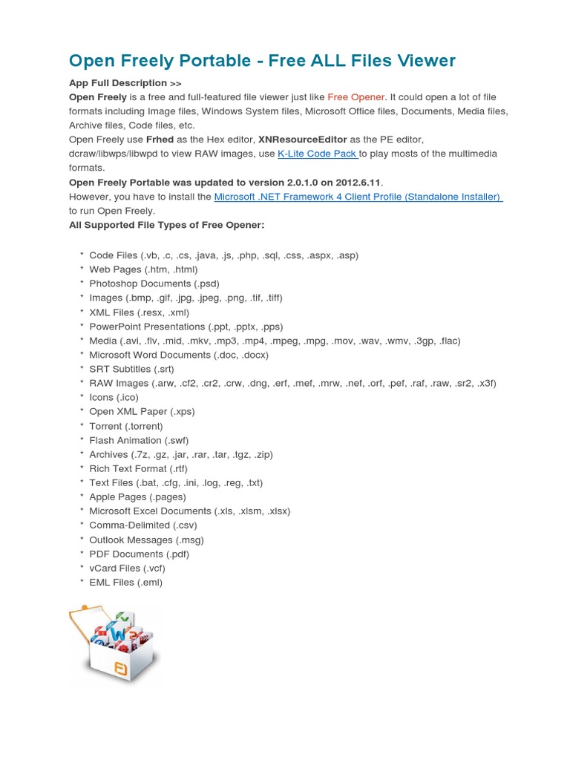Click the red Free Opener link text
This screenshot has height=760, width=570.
click(x=356, y=97)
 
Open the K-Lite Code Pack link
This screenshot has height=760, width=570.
click(x=318, y=154)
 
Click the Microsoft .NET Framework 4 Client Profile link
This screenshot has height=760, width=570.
click(x=358, y=197)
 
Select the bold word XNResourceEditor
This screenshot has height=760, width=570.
click(x=304, y=140)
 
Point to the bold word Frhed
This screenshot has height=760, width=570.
click(x=161, y=140)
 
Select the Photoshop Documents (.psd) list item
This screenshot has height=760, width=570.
click(x=154, y=284)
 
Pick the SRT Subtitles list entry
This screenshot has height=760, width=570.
click(x=131, y=369)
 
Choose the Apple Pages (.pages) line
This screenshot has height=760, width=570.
click(x=137, y=497)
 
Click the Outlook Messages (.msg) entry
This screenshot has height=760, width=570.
click(x=146, y=540)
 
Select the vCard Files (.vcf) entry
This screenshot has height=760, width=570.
click(x=127, y=569)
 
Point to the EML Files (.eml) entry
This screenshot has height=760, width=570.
click(x=125, y=583)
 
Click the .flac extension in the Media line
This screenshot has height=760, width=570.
click(x=449, y=341)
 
